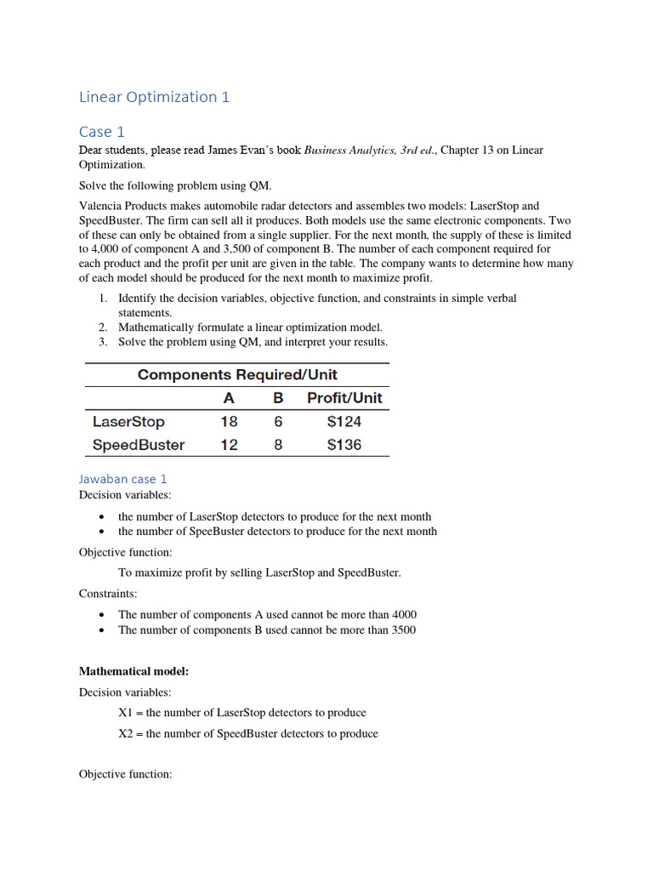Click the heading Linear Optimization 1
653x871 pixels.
[x=154, y=97]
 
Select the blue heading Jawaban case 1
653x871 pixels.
[x=123, y=479]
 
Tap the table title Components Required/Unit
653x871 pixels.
[x=237, y=374]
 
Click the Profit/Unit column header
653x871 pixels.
[x=344, y=398]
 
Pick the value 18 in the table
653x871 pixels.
[x=229, y=422]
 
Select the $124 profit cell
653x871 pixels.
[x=344, y=422]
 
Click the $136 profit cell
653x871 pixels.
[x=344, y=445]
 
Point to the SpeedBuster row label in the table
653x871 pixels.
[x=138, y=445]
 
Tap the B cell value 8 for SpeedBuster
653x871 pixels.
[x=278, y=445]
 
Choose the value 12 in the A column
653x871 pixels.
[x=229, y=445]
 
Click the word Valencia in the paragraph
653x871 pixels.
[x=103, y=206]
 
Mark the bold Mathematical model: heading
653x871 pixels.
[x=133, y=671]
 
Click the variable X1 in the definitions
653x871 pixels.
[x=126, y=713]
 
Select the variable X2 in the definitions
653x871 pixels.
[x=126, y=733]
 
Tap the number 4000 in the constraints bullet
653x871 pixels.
[x=403, y=614]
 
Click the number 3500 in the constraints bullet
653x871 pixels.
[x=402, y=630]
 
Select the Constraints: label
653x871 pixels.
[x=108, y=594]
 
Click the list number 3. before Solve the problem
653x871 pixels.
[x=101, y=342]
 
